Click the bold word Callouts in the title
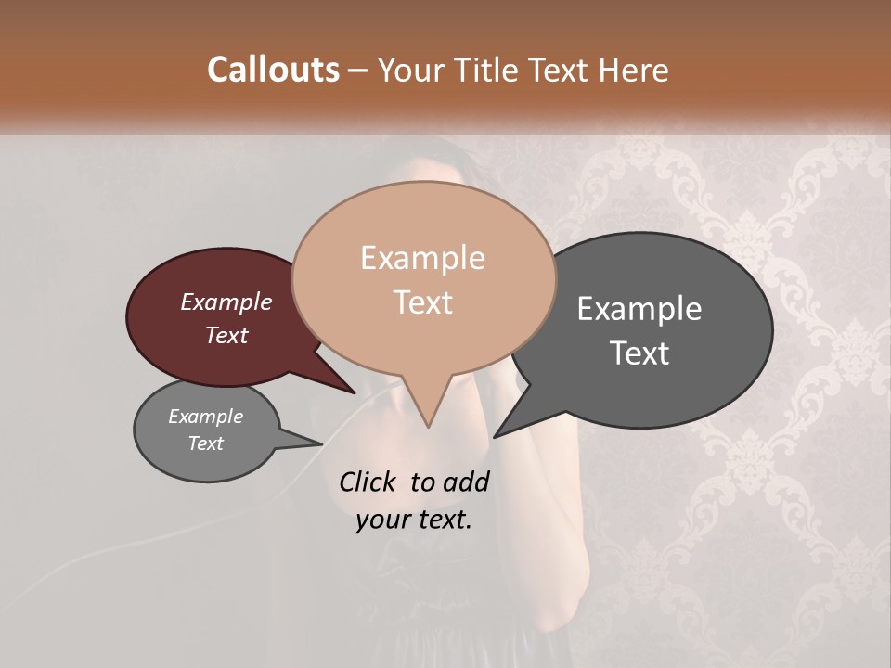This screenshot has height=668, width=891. (273, 70)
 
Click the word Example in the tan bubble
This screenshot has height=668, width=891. (422, 258)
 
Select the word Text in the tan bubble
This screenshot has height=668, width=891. (422, 302)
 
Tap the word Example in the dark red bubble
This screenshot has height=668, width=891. (226, 302)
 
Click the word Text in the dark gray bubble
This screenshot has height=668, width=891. (639, 353)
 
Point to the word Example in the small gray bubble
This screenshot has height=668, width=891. (205, 417)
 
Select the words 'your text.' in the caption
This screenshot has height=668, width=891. (413, 520)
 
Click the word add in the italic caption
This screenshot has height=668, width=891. (466, 482)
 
